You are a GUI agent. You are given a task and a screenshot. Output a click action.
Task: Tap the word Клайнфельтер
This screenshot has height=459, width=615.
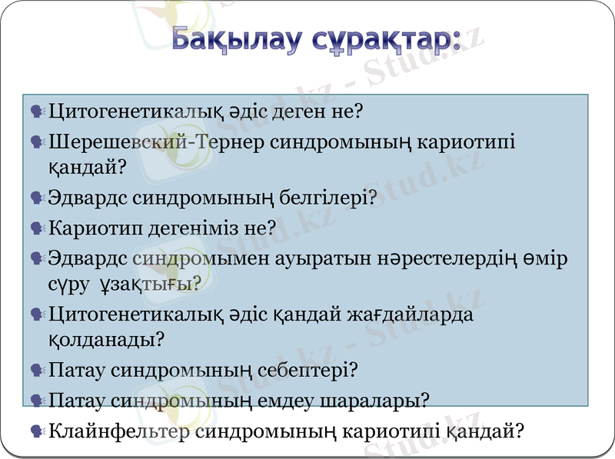click(120, 431)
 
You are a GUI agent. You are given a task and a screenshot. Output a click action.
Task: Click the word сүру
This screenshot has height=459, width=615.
click(68, 284)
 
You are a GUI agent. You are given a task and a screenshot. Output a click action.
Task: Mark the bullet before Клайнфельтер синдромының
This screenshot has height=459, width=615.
click(36, 432)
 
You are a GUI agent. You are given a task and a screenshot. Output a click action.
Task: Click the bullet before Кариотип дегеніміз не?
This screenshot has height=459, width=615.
click(36, 228)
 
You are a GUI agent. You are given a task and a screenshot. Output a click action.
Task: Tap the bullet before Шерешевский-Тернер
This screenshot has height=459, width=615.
click(36, 142)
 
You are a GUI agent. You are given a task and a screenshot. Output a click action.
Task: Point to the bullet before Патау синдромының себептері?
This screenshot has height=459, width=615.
click(36, 371)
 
